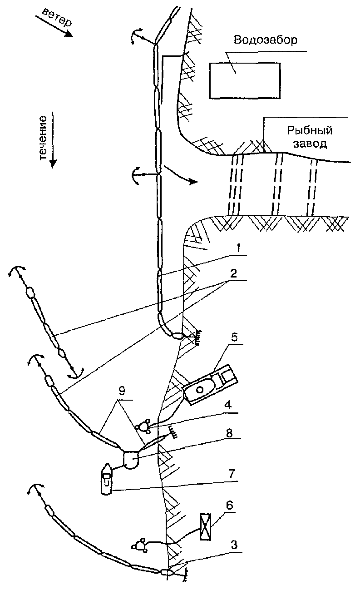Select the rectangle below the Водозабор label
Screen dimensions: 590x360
(x=244, y=80)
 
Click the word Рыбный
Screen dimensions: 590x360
(x=310, y=131)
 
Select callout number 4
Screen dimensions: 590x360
(x=232, y=407)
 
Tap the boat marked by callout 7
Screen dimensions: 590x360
(x=106, y=479)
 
